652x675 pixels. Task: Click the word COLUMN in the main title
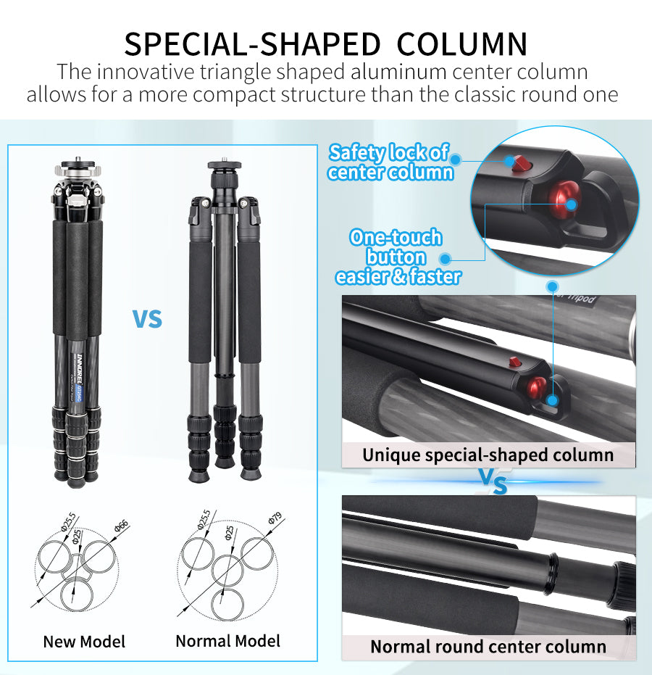(x=462, y=44)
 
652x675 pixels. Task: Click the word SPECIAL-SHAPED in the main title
(x=252, y=44)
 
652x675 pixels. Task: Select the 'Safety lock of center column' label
(x=390, y=162)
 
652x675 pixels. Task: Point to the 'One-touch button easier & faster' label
(x=396, y=257)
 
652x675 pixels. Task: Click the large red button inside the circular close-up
(x=564, y=202)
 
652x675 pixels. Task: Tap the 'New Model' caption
(x=84, y=642)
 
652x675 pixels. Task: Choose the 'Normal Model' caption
(x=227, y=641)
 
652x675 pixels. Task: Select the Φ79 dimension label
(x=274, y=519)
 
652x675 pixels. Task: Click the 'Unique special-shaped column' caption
(x=488, y=455)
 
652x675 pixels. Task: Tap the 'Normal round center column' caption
(x=488, y=647)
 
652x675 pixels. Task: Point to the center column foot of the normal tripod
(x=225, y=461)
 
